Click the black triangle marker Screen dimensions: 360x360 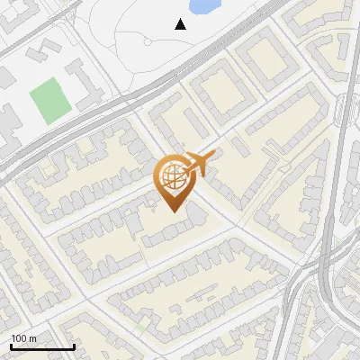[181, 24]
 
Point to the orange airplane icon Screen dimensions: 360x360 [200, 163]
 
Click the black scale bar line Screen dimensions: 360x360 [42, 346]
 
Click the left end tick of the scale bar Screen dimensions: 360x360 [11, 345]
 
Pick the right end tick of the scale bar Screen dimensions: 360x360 [74, 345]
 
